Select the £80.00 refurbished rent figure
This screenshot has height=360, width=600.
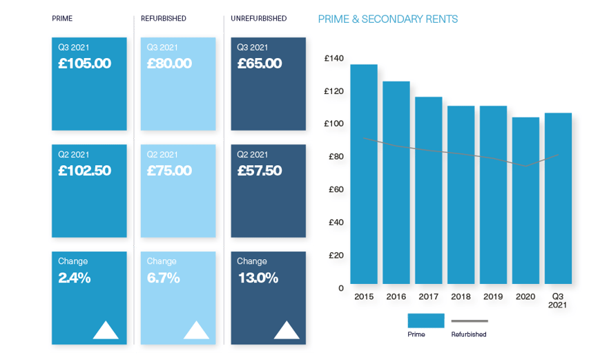pos(169,64)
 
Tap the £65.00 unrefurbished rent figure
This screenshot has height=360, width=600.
pos(260,64)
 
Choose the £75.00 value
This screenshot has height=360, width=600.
pos(169,171)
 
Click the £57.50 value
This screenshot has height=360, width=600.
pos(260,171)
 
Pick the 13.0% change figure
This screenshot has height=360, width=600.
pos(258,278)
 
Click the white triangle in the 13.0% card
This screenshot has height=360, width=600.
pos(287,330)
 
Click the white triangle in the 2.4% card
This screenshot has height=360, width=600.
pos(106,330)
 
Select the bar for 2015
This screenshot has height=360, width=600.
pos(364,174)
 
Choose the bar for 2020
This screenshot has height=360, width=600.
pos(526,200)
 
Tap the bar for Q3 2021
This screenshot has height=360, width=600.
pos(558,198)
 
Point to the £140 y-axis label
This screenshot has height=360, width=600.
pos(333,59)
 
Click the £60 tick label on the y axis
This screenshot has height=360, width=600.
pos(335,189)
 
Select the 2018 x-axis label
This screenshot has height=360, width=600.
pos(461,296)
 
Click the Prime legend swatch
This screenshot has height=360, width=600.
pos(425,320)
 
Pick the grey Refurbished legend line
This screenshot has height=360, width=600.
pos(470,321)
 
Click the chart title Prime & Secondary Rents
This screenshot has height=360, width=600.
pos(388,19)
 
